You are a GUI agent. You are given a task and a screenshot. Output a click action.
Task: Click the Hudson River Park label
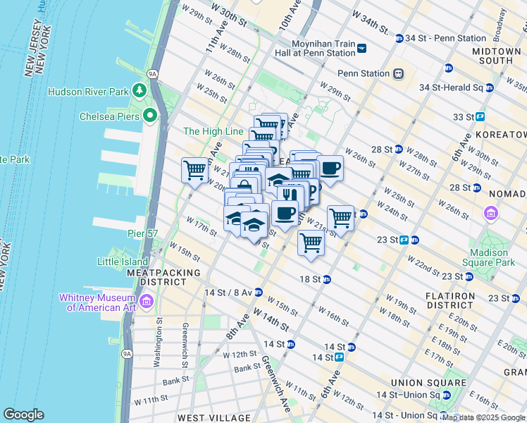click(88, 92)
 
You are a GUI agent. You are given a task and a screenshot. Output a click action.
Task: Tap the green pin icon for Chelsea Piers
click(149, 116)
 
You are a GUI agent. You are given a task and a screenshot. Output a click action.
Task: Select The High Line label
click(213, 131)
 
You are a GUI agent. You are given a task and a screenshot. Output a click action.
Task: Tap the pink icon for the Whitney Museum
click(147, 302)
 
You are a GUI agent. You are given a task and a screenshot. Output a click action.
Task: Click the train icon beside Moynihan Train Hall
click(361, 48)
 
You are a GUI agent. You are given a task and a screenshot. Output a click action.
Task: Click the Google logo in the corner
click(23, 415)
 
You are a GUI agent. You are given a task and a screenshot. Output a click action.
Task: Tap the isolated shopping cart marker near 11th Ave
click(194, 169)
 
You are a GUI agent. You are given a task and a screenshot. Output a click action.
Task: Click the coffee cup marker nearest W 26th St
click(330, 168)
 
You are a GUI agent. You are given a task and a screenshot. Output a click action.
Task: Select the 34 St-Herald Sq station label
click(451, 87)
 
